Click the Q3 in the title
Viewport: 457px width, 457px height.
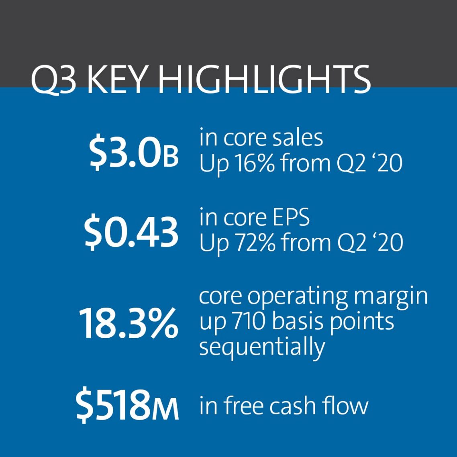[x=53, y=80]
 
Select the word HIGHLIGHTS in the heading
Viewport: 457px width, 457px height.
[x=264, y=79]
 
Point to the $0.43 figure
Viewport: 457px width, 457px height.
[x=131, y=232]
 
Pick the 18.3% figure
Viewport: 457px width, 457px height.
[x=128, y=322]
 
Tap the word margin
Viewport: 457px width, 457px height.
[x=391, y=298]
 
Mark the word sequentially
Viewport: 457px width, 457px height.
[x=262, y=347]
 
